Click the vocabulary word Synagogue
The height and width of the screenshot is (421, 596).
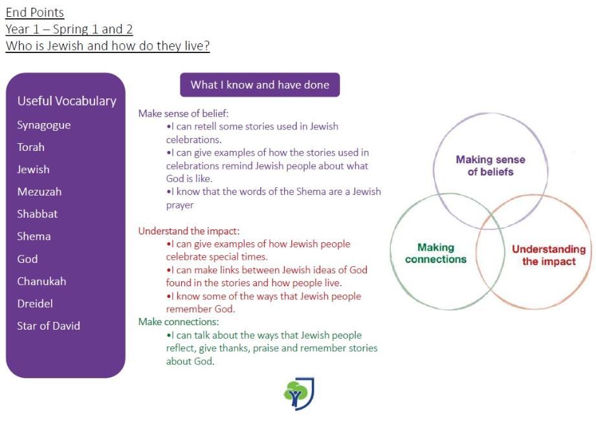pyautogui.click(x=44, y=126)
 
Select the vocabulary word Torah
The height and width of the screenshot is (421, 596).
pyautogui.click(x=31, y=147)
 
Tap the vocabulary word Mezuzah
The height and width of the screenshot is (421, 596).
pyautogui.click(x=39, y=192)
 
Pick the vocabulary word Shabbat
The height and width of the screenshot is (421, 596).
pyautogui.click(x=38, y=214)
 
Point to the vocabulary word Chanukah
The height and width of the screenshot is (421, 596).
pyautogui.click(x=41, y=282)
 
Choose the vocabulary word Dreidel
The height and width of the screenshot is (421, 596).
pyautogui.click(x=35, y=304)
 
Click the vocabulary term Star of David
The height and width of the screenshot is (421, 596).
pyautogui.click(x=49, y=326)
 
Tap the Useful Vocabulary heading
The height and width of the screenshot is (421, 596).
pyautogui.click(x=67, y=101)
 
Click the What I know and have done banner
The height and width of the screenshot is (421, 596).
pyautogui.click(x=260, y=85)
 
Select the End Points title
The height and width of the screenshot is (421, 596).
pyautogui.click(x=34, y=12)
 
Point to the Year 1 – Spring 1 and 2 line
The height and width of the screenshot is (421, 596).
pyautogui.click(x=69, y=29)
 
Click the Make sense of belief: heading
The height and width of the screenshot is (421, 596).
pyautogui.click(x=184, y=113)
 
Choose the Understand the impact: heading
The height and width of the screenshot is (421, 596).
pyautogui.click(x=189, y=231)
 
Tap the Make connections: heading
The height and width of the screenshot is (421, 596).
pyautogui.click(x=179, y=322)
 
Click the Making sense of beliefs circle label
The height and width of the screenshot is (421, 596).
pyautogui.click(x=491, y=166)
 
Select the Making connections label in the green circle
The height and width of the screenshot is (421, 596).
pyautogui.click(x=436, y=253)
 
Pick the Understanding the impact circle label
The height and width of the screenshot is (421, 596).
pyautogui.click(x=549, y=255)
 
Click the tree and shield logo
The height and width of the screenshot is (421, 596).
pyautogui.click(x=299, y=394)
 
